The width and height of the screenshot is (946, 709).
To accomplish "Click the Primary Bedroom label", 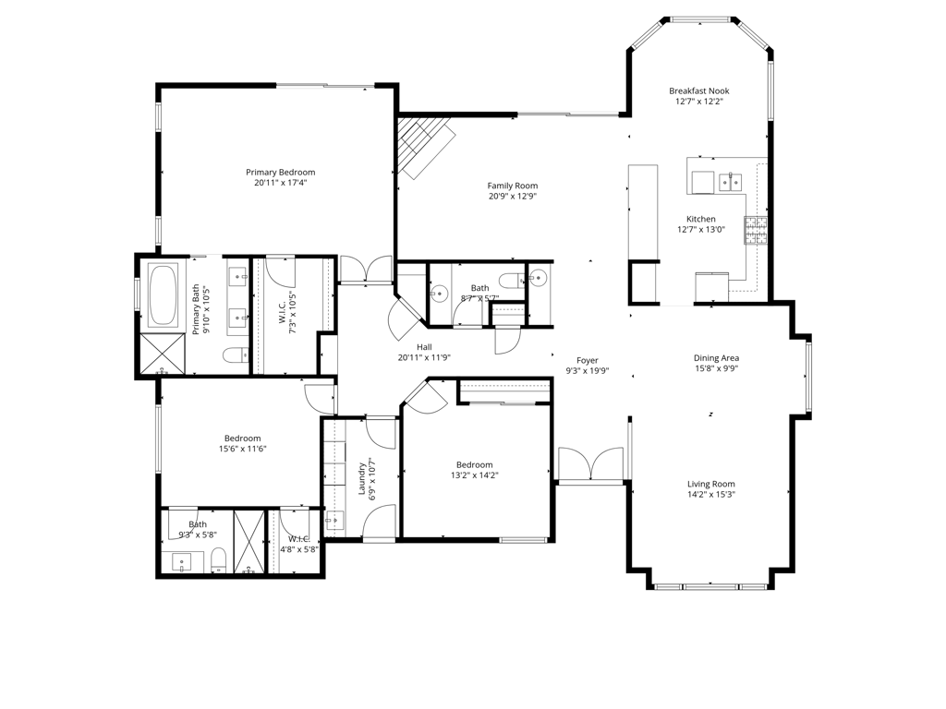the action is tap(281, 173).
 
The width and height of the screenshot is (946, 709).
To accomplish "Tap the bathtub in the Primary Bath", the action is tap(163, 294).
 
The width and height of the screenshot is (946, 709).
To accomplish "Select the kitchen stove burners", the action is tap(756, 230).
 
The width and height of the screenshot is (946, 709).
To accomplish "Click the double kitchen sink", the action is tap(730, 181).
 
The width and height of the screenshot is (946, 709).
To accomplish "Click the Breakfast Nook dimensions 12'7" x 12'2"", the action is tap(699, 102).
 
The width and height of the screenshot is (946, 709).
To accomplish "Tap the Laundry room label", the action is tap(362, 479).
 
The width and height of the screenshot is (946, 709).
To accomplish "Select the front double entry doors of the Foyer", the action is tap(590, 464).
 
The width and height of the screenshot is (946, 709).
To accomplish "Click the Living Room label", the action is tap(711, 484).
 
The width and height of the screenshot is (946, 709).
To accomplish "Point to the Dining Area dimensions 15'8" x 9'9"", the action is tap(716, 368).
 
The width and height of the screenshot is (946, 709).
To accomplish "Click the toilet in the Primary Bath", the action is tap(236, 355).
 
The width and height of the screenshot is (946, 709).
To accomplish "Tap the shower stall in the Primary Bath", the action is tap(163, 354).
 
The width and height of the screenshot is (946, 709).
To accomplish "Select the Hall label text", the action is tap(424, 347).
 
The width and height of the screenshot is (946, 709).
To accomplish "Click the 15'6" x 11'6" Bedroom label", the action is tap(243, 439).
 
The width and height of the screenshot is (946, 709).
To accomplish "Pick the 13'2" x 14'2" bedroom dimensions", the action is tap(475, 475).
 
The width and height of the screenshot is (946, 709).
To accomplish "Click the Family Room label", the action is tap(513, 186).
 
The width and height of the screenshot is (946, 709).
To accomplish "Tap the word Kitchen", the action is tap(701, 219).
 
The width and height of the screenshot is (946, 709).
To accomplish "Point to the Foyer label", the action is tap(587, 361).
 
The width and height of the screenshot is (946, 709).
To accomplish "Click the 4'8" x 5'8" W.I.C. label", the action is tap(299, 539).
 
